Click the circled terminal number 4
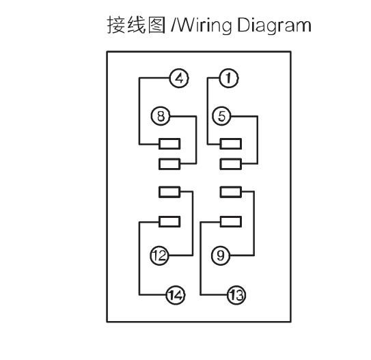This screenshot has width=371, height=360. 179,78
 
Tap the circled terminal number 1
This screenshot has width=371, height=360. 229,78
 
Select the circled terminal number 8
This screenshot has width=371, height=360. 161,116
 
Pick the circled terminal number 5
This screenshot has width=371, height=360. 221,116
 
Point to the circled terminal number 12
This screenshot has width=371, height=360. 159,255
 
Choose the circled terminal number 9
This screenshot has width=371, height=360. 221,255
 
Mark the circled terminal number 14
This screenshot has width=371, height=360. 176,295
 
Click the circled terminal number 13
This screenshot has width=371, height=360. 236,295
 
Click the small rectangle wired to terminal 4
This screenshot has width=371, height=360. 169,144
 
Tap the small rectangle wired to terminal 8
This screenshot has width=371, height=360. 169,164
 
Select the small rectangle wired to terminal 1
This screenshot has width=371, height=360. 231,144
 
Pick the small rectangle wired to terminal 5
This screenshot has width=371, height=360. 231,164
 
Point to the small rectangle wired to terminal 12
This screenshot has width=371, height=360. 169,192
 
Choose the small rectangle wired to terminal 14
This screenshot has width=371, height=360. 169,222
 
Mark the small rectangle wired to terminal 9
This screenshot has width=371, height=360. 231,192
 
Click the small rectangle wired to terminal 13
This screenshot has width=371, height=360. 231,222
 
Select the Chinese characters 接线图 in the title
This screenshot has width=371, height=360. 136,25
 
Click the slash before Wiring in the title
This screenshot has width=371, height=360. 174,25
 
